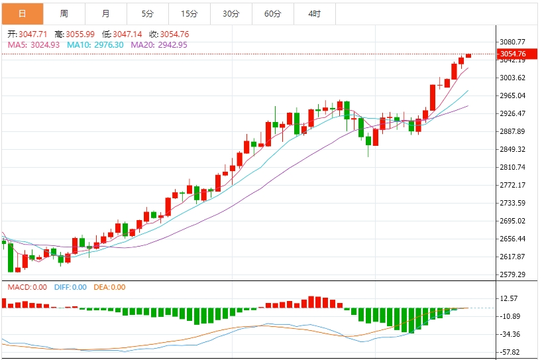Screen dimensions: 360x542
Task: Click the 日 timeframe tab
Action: click(22, 13)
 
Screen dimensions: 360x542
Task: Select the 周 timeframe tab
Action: click(64, 13)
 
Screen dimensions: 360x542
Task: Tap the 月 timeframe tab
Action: click(106, 13)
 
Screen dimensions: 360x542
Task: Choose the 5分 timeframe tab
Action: click(147, 13)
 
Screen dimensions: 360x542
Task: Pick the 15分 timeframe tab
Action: click(189, 13)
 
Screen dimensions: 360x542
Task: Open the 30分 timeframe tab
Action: click(231, 13)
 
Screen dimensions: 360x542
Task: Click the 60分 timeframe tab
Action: click(272, 13)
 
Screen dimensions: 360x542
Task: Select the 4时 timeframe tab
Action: click(314, 13)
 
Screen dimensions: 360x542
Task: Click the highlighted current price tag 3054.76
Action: click(513, 54)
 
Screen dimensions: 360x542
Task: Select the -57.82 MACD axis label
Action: click(511, 352)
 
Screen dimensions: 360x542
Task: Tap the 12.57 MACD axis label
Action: click(511, 298)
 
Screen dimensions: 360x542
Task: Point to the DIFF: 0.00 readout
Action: click(70, 287)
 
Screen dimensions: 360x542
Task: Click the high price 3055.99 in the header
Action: click(78, 34)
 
